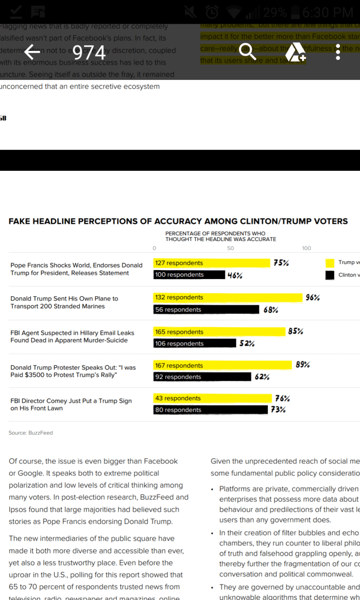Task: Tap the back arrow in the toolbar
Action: (x=32, y=51)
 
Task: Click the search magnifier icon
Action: (x=247, y=51)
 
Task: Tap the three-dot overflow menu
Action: (x=338, y=51)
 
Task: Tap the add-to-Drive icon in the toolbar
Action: (x=295, y=51)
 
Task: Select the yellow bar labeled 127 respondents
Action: (x=211, y=263)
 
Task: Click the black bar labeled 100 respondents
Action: (x=189, y=275)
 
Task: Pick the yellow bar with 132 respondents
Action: (x=228, y=297)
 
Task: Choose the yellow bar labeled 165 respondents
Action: (x=219, y=332)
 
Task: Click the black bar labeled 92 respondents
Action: (x=202, y=377)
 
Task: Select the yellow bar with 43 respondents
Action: (x=213, y=398)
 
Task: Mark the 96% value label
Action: (x=313, y=298)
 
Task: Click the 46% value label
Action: (x=234, y=275)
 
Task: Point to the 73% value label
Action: (x=278, y=410)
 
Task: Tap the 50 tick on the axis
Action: (x=231, y=249)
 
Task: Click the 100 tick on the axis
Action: (x=306, y=249)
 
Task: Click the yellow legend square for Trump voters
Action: (x=330, y=263)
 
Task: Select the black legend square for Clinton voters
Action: (x=330, y=275)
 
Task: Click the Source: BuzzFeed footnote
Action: (x=30, y=433)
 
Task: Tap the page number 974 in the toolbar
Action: (x=89, y=52)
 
